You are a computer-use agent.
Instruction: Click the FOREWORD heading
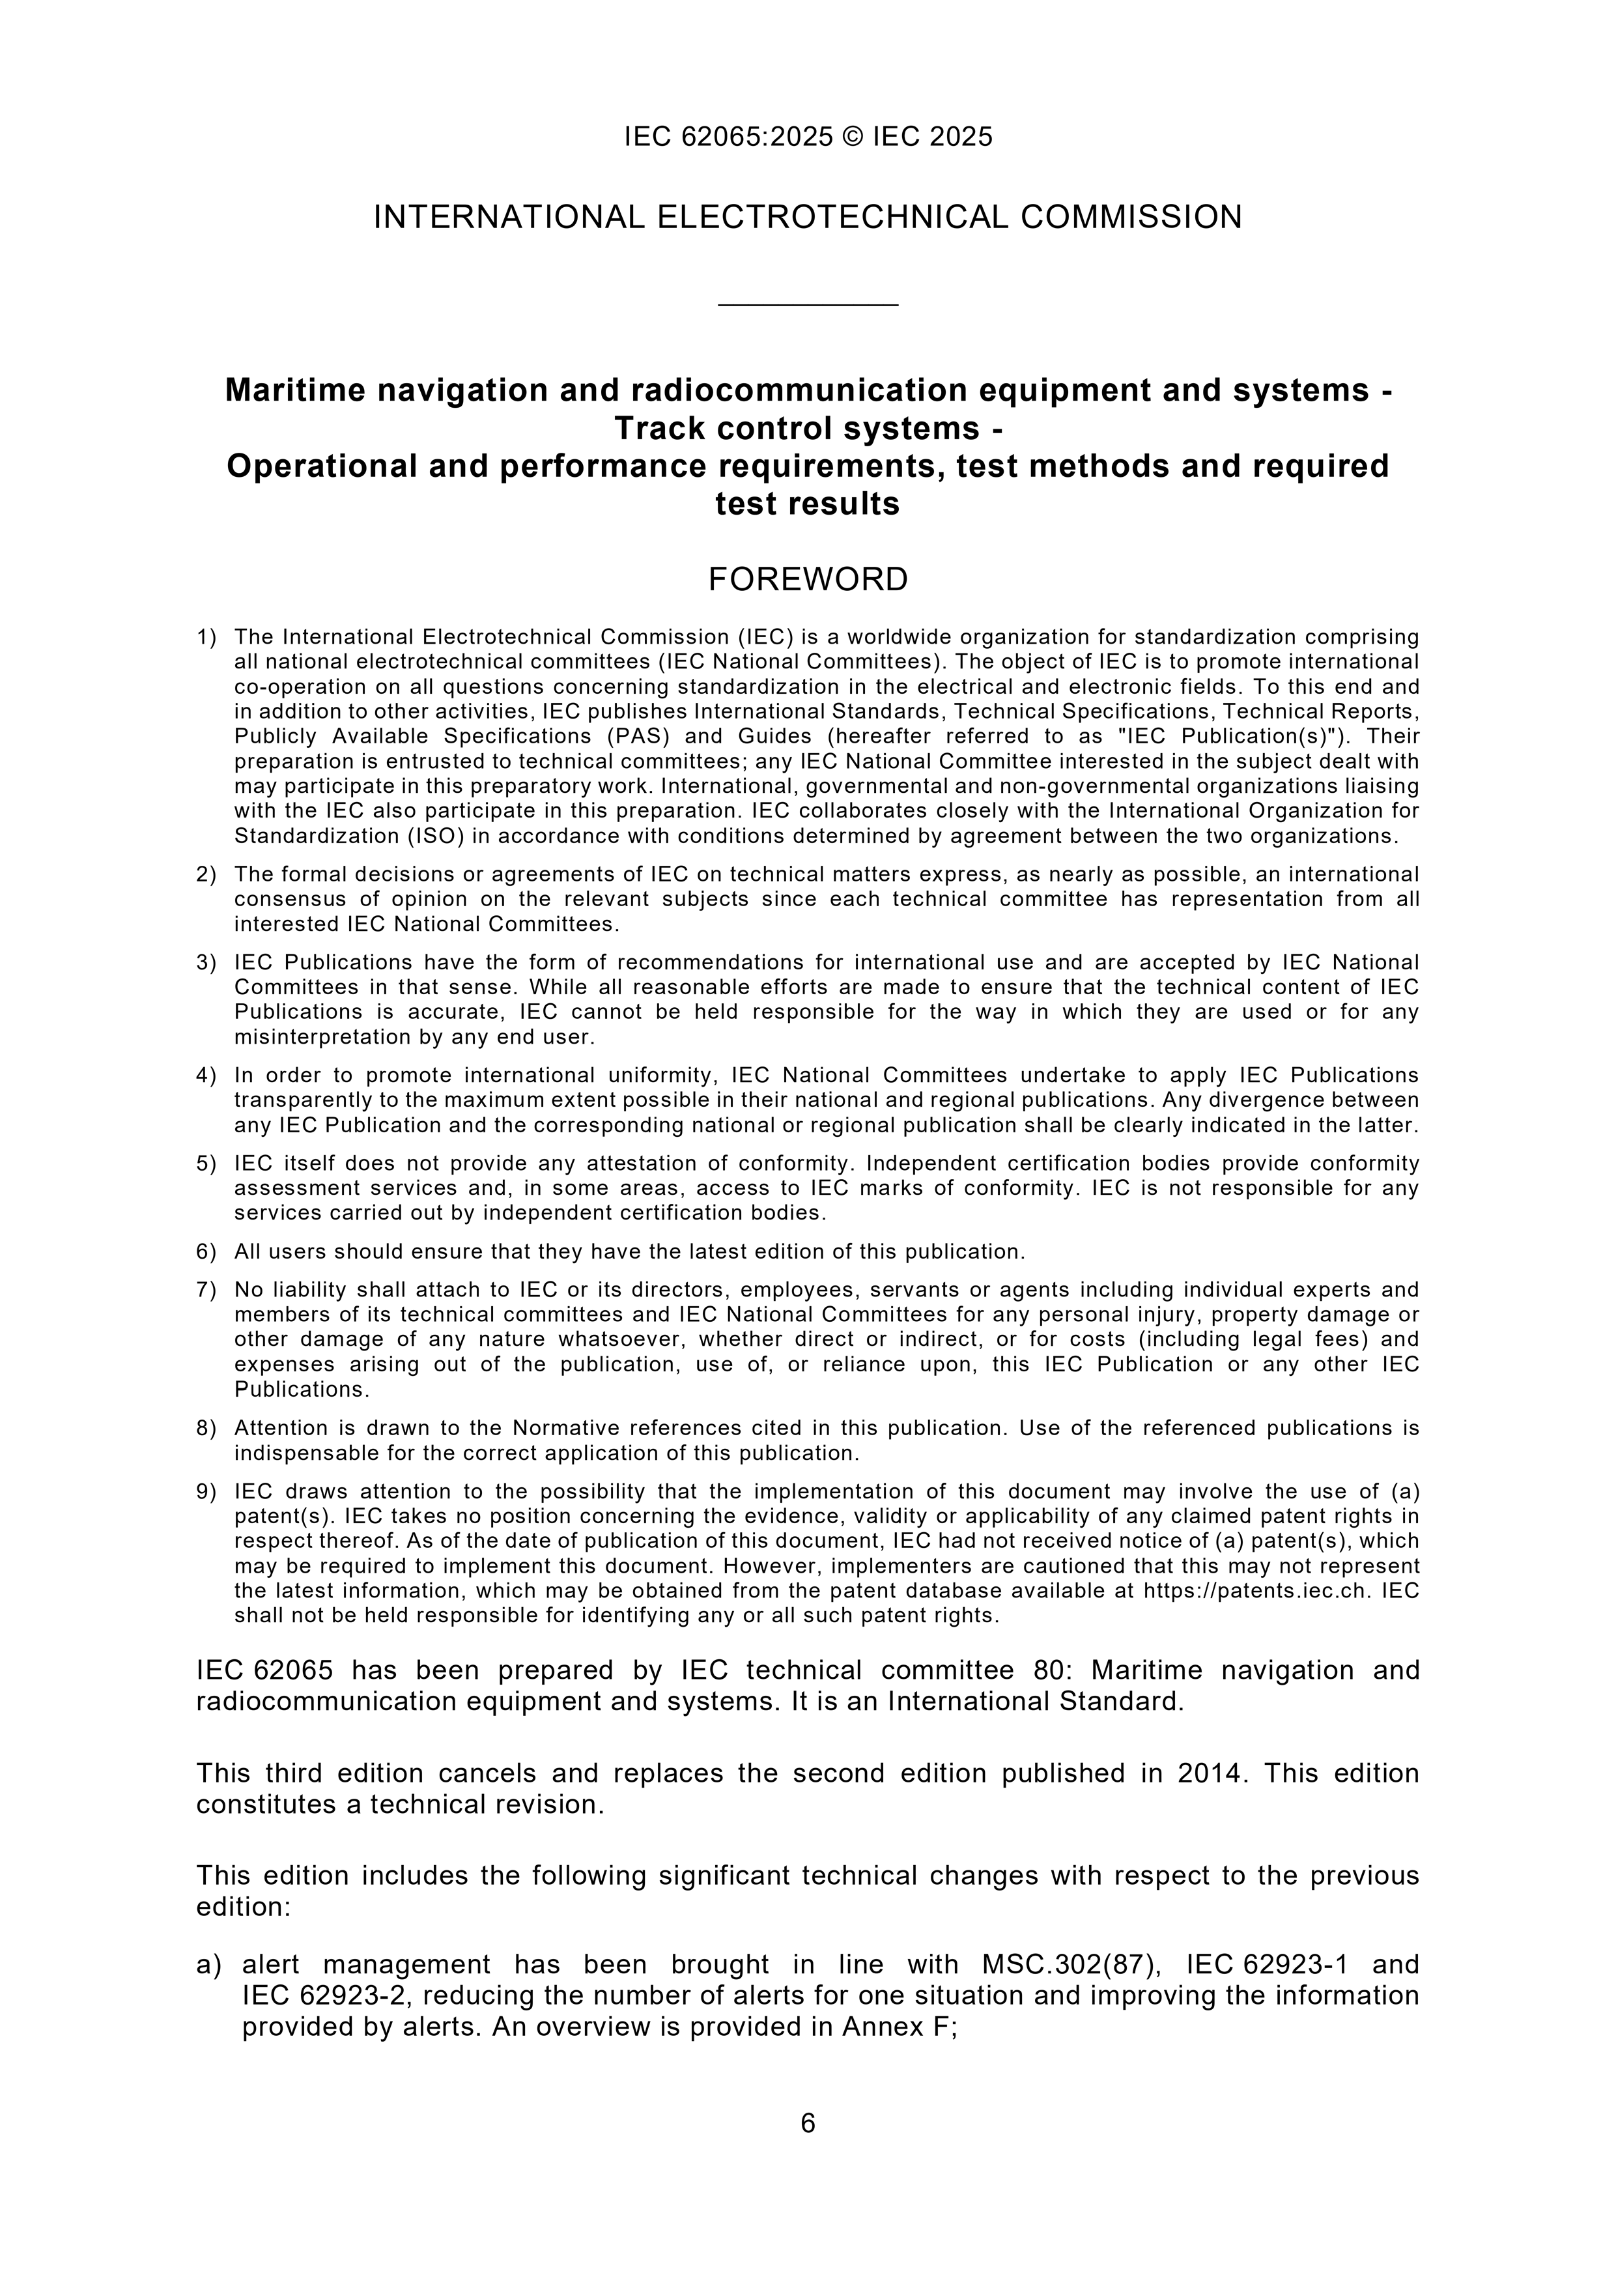coord(808,579)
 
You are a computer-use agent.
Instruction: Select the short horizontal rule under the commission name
coord(808,304)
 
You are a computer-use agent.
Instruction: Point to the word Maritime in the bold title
coord(287,390)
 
